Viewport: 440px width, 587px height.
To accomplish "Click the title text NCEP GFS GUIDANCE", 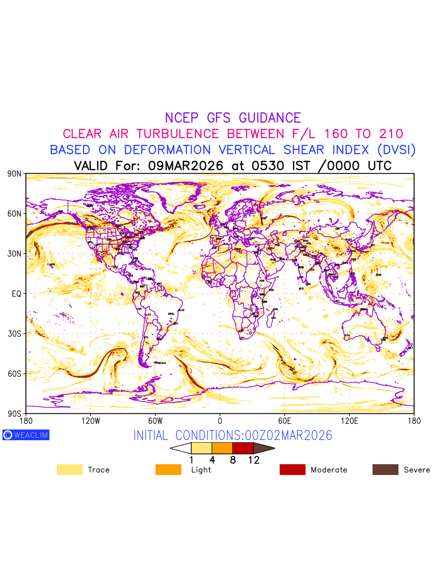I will pos(233,118).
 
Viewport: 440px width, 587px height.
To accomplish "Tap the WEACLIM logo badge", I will pos(26,435).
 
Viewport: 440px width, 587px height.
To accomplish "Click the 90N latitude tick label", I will pos(15,174).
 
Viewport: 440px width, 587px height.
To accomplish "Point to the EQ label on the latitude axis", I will pos(17,293).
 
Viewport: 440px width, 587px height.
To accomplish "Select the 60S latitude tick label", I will pos(15,374).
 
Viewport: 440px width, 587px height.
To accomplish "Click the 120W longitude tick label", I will pos(90,421).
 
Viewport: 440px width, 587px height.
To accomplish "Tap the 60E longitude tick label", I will pos(285,421).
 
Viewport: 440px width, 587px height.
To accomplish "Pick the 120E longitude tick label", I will pos(350,421).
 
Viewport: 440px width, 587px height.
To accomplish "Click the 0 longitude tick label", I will pos(220,421).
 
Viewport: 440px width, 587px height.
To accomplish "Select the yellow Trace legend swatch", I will pos(69,470).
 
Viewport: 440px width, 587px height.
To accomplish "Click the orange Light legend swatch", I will pos(168,470).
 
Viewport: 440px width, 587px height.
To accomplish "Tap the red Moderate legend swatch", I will pos(292,470).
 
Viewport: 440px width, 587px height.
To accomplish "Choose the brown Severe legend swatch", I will pos(385,470).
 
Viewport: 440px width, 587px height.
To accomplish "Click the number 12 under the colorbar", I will pos(253,460).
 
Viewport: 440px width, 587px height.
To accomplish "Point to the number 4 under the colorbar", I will pos(212,460).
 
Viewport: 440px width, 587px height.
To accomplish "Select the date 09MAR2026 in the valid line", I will pos(185,166).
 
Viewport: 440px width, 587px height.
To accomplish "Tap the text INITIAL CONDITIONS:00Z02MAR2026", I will pos(233,435).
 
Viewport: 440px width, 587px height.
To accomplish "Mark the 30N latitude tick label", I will pos(15,254).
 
